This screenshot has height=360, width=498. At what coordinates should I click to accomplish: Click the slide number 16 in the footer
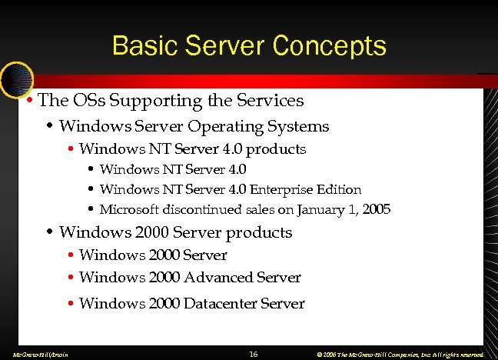click(x=253, y=354)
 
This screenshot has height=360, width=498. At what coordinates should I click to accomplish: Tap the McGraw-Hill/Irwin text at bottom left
click(x=36, y=355)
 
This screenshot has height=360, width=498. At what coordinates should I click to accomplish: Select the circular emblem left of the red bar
click(x=15, y=78)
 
